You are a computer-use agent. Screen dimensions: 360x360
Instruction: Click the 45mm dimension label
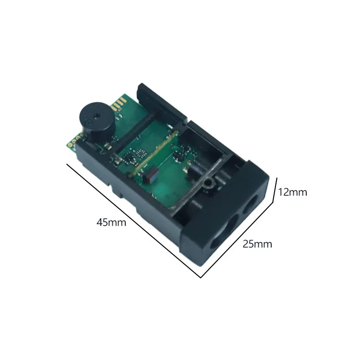click(x=111, y=222)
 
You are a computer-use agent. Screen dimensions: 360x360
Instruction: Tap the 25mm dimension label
click(x=257, y=244)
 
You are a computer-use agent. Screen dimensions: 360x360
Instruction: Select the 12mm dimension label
click(x=292, y=192)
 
